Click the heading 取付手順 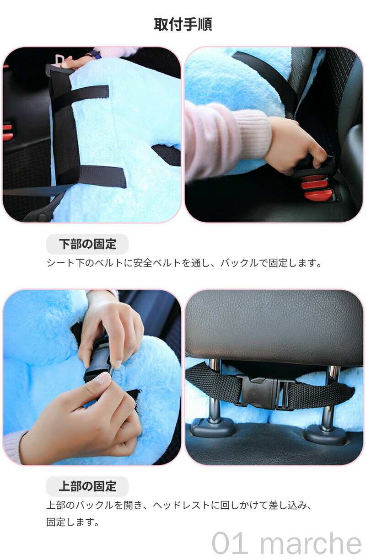[183, 25]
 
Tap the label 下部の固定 [87, 244]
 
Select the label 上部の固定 [87, 486]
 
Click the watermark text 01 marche [286, 543]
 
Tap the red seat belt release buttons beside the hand [317, 188]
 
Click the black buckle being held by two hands [99, 361]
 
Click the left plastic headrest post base [213, 429]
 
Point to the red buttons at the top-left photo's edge [7, 132]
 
